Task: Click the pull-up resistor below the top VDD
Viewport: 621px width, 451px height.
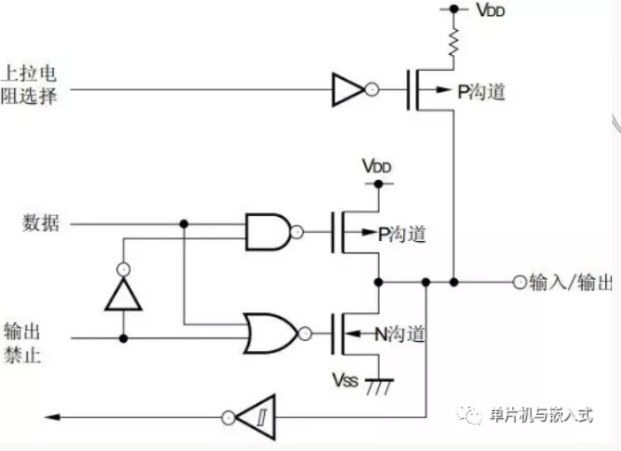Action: [454, 41]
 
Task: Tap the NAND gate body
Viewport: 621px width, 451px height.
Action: [268, 232]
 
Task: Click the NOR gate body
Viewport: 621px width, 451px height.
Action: [270, 333]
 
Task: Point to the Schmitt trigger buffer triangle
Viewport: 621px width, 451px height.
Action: [257, 417]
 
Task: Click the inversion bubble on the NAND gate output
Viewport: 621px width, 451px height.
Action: [297, 232]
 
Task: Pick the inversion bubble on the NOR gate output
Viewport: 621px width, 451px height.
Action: [305, 334]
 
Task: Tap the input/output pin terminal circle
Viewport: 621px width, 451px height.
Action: [520, 283]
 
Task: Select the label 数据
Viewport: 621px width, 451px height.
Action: [41, 223]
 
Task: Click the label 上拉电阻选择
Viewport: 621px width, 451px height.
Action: [28, 85]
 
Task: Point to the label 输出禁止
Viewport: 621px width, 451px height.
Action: [22, 343]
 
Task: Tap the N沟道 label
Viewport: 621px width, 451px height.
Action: [400, 335]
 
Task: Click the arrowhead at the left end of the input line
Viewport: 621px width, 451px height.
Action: [51, 417]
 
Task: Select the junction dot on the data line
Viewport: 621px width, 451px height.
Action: [183, 224]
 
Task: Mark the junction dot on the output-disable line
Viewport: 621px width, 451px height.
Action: [123, 338]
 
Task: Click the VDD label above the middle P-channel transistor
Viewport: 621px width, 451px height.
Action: [376, 167]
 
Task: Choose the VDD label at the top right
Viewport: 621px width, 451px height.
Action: [490, 11]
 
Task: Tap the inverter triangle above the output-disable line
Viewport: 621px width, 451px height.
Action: [123, 293]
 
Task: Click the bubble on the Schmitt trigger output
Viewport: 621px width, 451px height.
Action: [229, 417]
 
